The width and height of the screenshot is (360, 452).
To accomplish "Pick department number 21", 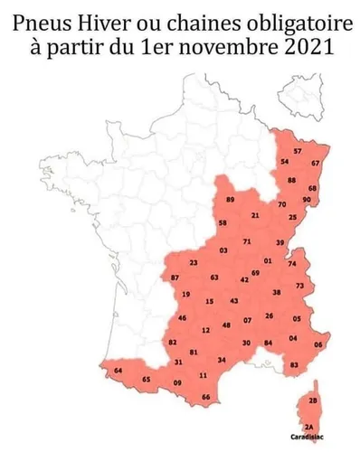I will pos(255,215).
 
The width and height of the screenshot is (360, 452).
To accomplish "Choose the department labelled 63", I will pos(213,278).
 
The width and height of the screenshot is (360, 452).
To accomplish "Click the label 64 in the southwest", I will pos(118,371).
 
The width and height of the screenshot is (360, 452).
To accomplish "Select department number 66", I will pos(205,397).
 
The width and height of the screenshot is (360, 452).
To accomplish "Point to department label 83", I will pos(293,364).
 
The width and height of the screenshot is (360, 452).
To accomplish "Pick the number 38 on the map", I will pos(276,293).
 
